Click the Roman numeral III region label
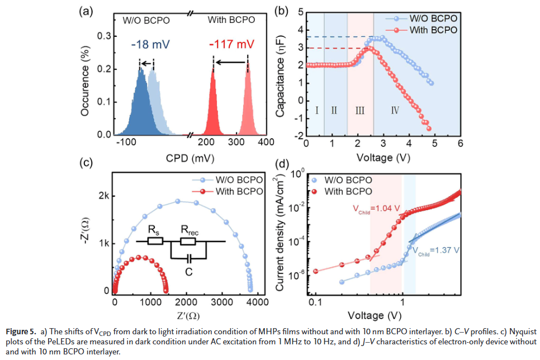(x=359, y=110)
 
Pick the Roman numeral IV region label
(x=395, y=110)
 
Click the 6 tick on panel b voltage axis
(x=460, y=143)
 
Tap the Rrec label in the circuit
(x=189, y=230)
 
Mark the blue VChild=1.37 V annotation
(x=435, y=251)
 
